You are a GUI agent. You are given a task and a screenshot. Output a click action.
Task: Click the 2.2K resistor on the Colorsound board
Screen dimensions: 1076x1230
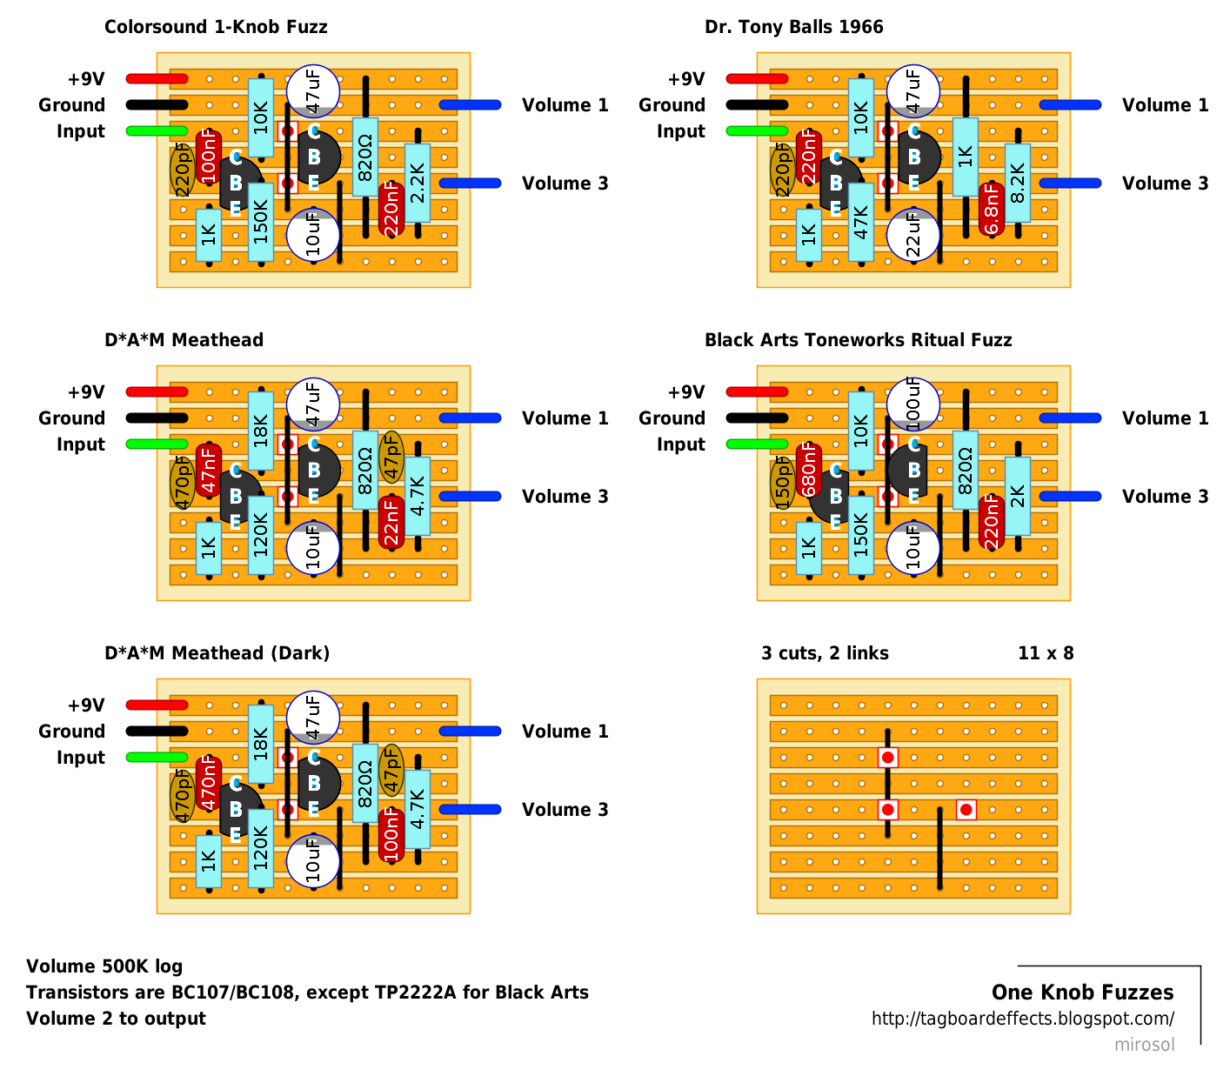point(418,183)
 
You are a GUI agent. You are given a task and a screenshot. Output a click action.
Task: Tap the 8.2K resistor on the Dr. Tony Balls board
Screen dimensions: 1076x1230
point(1018,183)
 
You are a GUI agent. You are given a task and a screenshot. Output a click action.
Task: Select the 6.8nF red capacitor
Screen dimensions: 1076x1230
point(992,209)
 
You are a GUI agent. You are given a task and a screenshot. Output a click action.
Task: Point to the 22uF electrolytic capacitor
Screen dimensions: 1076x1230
point(913,235)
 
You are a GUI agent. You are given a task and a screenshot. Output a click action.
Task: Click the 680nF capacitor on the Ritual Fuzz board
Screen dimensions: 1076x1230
point(809,470)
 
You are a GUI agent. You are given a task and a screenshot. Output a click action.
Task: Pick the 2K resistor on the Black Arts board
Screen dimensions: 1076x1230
point(1018,496)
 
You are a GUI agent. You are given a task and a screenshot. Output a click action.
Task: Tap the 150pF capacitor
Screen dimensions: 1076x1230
point(782,484)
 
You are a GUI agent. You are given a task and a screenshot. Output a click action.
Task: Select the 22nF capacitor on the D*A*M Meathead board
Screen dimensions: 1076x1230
point(391,522)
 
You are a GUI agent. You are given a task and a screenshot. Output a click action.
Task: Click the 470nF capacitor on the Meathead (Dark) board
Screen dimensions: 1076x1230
point(209,783)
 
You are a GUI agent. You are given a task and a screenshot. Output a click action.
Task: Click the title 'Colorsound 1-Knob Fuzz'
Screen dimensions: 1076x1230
point(216,27)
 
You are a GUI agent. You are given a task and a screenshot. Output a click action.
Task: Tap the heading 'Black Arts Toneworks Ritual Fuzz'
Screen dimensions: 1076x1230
point(858,340)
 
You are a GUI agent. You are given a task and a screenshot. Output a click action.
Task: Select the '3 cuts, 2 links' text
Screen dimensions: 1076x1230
point(825,653)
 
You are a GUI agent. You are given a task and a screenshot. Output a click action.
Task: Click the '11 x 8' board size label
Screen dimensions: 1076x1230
point(1046,653)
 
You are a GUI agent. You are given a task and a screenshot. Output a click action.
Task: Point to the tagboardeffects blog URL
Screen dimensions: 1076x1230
point(1022,1019)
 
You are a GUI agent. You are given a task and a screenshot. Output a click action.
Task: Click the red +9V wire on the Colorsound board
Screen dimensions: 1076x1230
point(157,79)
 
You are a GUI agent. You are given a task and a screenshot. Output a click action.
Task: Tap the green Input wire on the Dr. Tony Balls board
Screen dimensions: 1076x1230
point(757,131)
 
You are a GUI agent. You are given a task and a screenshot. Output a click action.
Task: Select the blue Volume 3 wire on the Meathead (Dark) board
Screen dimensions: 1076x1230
point(470,810)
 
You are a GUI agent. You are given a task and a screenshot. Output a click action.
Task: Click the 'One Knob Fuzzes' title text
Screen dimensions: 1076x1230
point(1082,992)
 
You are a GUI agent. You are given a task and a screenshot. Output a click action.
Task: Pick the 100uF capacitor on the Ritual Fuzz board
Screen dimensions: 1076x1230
point(913,402)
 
